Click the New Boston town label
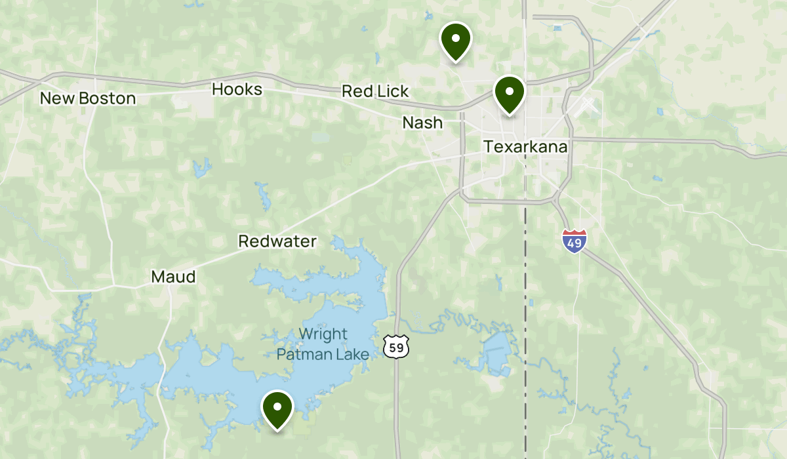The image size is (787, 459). pyautogui.click(x=88, y=98)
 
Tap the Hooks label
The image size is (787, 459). pyautogui.click(x=237, y=89)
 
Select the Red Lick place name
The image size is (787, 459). pyautogui.click(x=375, y=91)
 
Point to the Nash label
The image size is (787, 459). pyautogui.click(x=422, y=123)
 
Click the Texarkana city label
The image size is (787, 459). pyautogui.click(x=525, y=146)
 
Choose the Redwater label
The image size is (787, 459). pyautogui.click(x=277, y=241)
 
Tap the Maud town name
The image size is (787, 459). pyautogui.click(x=173, y=277)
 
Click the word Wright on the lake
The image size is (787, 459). pyautogui.click(x=323, y=334)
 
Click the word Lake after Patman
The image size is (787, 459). pyautogui.click(x=353, y=354)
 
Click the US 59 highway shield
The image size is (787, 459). pyautogui.click(x=396, y=348)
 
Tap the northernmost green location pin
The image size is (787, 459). pyautogui.click(x=456, y=39)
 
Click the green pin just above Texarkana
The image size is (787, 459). pyautogui.click(x=510, y=92)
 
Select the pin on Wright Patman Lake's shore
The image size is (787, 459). pyautogui.click(x=277, y=408)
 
